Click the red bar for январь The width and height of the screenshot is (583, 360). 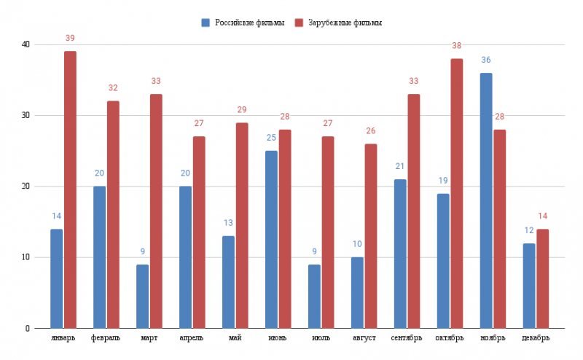coord(70,189)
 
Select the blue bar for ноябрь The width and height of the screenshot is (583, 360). coord(486,200)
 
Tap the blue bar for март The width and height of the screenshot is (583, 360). coord(142,296)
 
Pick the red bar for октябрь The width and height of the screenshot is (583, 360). coord(457,193)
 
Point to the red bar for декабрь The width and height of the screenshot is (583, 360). coord(543,278)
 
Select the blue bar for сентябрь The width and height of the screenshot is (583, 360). coord(400,254)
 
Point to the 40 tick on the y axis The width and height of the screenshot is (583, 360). coord(26,44)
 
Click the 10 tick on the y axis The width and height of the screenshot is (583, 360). coord(26,257)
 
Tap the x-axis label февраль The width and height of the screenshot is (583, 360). coord(106,338)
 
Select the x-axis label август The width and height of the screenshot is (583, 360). coord(364,338)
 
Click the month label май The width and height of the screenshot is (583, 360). coord(235,338)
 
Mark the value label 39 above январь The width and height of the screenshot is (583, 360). coord(70,38)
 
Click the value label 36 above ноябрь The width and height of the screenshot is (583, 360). coord(486,60)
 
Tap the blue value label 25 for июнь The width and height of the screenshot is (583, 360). coord(271,138)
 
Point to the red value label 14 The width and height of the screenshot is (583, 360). coord(543,216)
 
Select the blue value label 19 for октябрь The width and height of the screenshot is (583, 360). coord(443,180)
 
